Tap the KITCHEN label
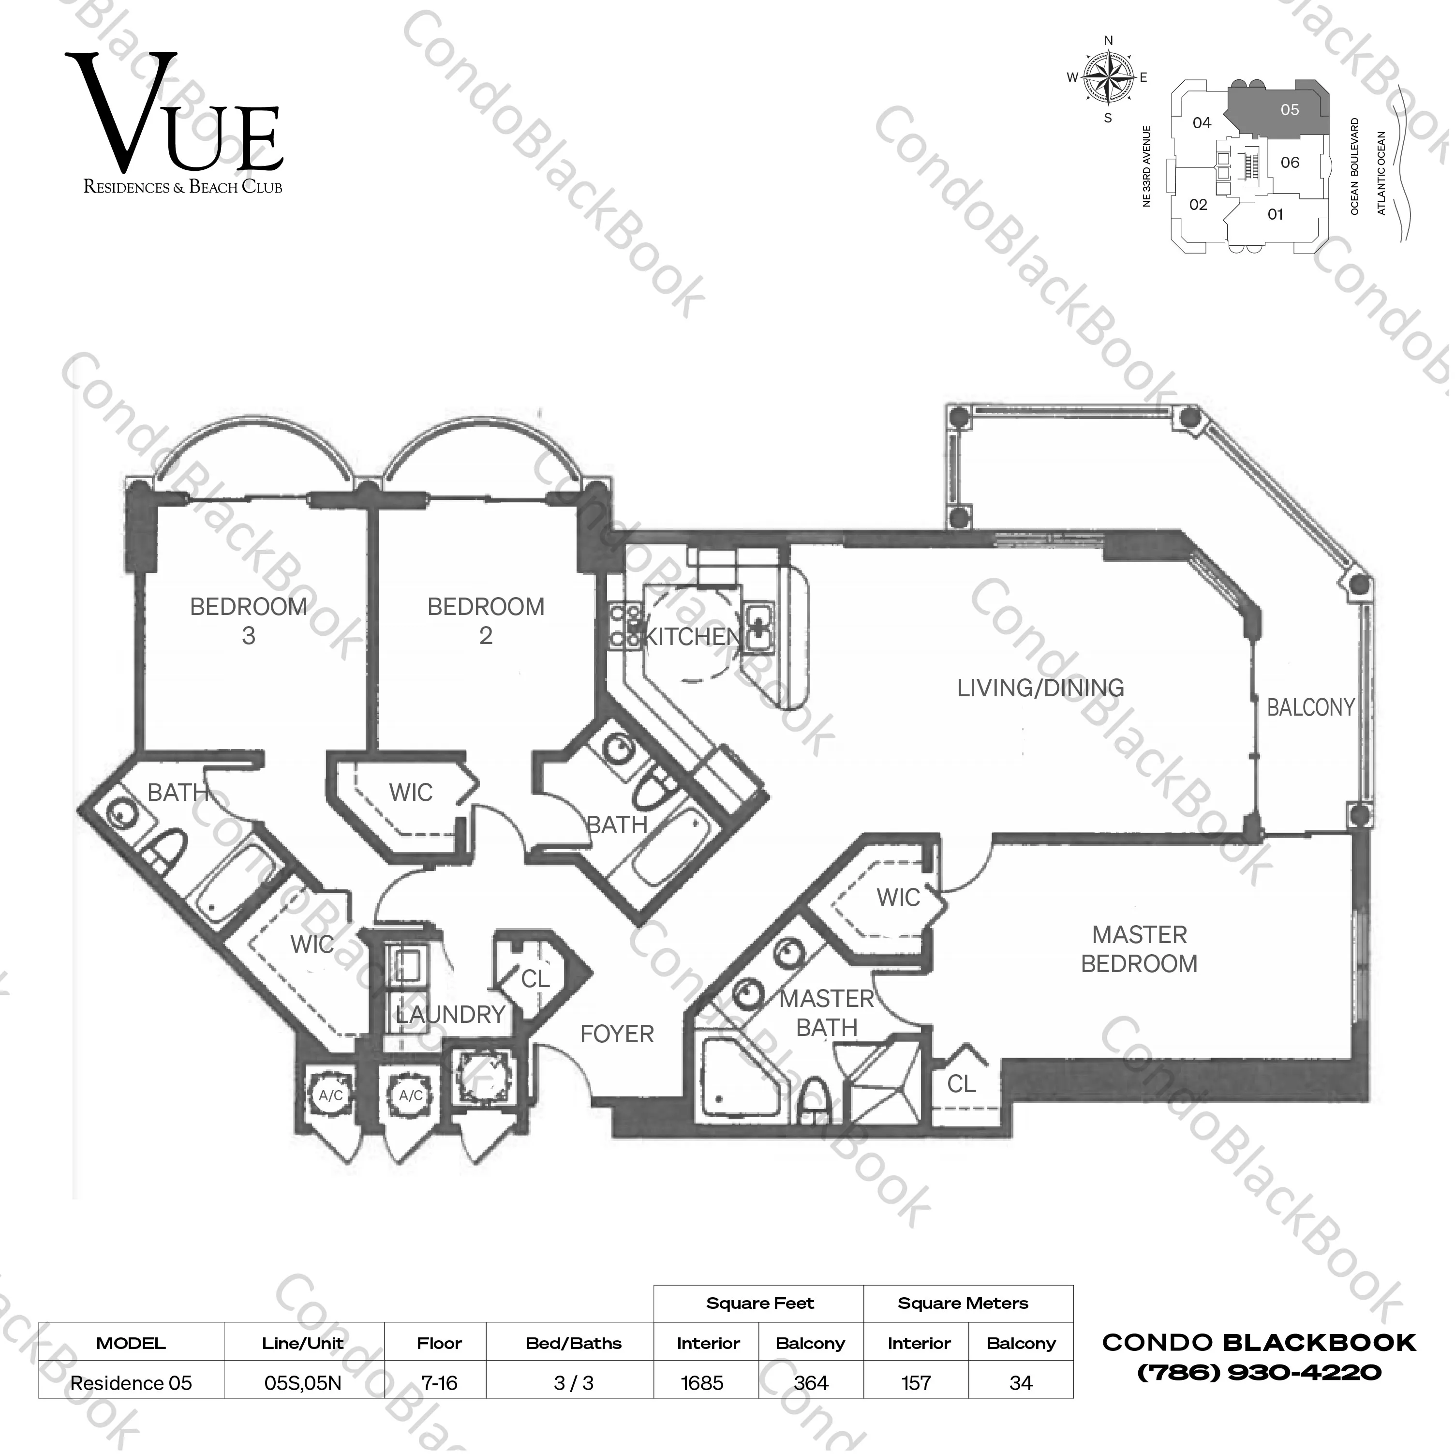(693, 637)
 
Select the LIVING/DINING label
(1040, 688)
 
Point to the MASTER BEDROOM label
(1139, 949)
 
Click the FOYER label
(617, 1034)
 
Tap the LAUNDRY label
(450, 1015)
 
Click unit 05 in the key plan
(1289, 110)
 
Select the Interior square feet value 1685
(702, 1383)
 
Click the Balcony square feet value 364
(811, 1383)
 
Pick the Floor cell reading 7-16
(439, 1383)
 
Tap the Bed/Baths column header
(573, 1343)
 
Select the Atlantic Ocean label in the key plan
(1381, 173)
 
